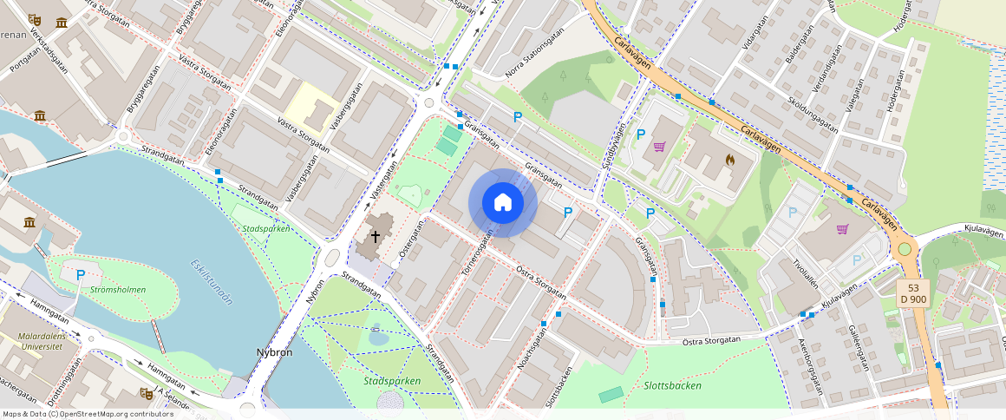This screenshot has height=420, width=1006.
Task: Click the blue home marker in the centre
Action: [x=503, y=203]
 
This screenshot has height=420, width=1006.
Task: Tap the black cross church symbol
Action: [x=376, y=236]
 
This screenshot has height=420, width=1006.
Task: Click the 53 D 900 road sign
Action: [x=913, y=293]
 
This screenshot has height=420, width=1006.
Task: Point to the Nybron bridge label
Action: [x=274, y=352]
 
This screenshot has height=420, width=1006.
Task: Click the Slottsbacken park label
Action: [x=672, y=385]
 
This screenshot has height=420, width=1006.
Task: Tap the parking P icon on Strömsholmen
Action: [x=81, y=275]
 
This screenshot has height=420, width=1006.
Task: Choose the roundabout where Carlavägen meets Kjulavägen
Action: [x=905, y=249]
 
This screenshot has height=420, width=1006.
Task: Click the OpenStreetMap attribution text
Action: [x=88, y=414]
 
